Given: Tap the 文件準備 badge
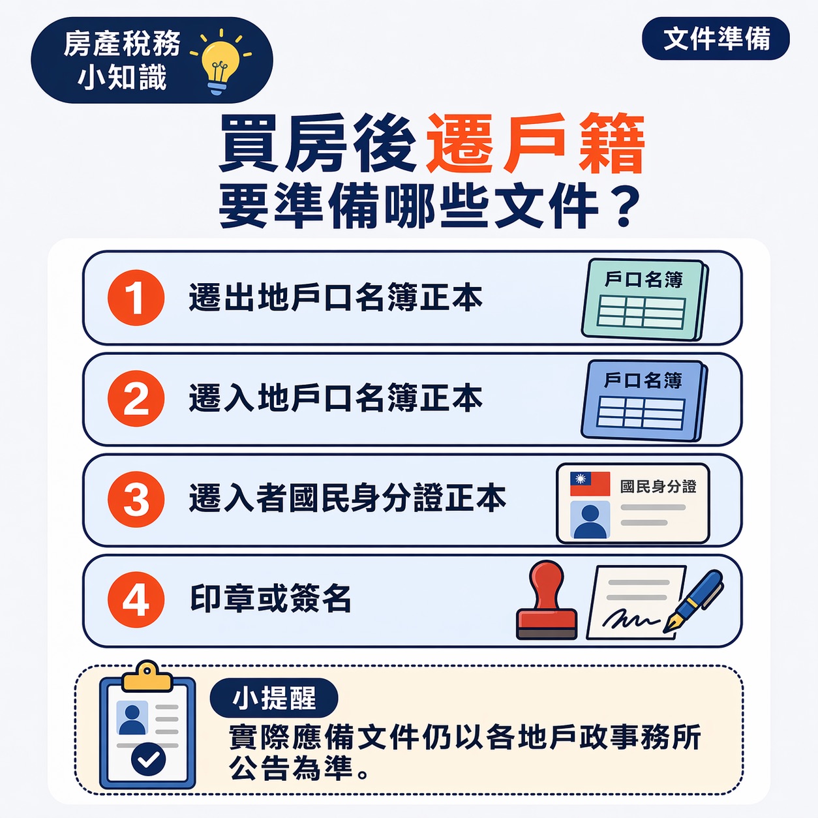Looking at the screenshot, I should pos(716,38).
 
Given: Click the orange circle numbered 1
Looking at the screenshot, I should pos(136,297).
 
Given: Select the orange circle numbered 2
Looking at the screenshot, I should pos(136,399).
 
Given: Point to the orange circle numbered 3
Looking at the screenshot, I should pos(136,499).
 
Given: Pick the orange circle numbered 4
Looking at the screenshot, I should pos(136,599).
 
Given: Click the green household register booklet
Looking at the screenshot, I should pos(643,299).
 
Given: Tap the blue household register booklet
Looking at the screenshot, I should pos(643,400).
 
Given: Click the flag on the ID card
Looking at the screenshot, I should pos(590,484).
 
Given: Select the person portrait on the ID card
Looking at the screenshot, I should pos(590,519).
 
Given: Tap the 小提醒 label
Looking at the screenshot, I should pos(274,698).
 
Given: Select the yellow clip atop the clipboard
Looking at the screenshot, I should pos(147,676).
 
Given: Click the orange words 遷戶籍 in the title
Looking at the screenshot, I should pos(535,144).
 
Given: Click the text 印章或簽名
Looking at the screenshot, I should pos(271,599).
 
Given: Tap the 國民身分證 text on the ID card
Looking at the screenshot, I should pos(658,487).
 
